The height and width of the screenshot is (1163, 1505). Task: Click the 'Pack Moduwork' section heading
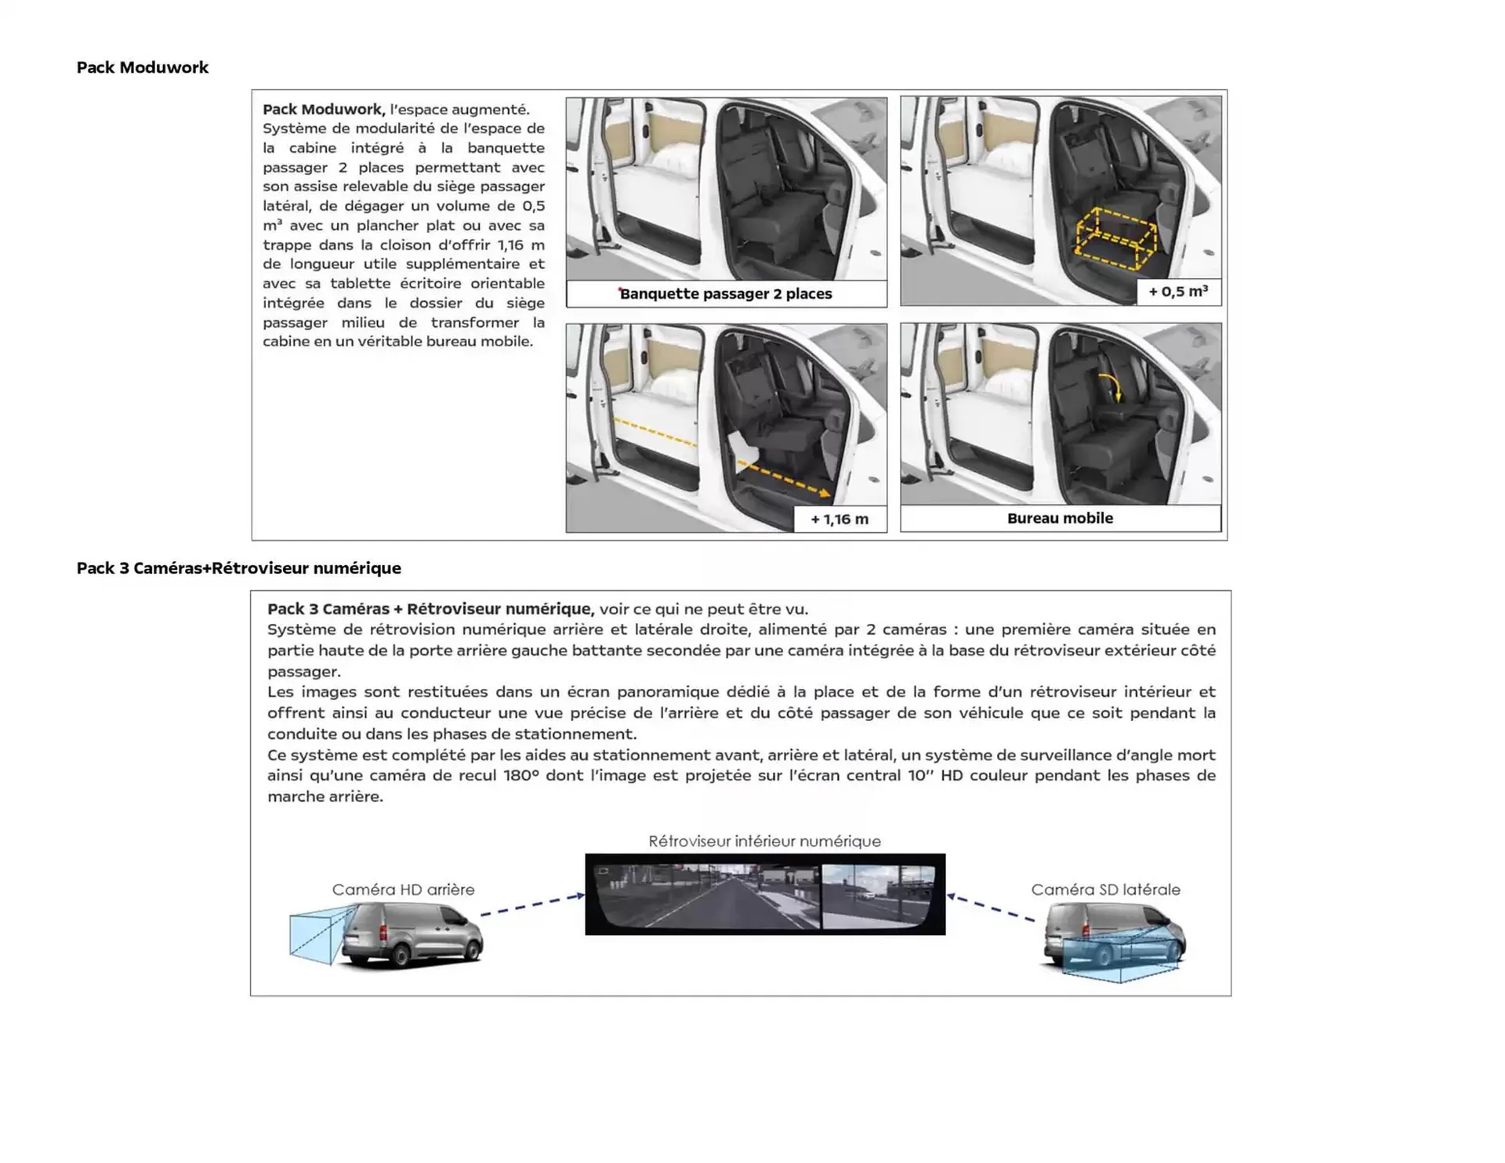142,67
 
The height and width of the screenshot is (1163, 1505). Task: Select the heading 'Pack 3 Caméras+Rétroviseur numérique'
238,568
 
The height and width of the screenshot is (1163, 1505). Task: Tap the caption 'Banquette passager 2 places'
726,294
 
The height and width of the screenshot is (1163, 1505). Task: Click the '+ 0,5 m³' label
1177,292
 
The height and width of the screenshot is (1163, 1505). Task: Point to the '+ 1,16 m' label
839,519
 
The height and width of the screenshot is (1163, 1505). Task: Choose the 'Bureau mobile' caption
1060,518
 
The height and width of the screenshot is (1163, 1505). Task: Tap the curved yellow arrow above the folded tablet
1112,386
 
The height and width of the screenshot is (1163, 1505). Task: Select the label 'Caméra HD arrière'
403,889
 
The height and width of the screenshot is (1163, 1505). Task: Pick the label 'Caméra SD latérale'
1105,889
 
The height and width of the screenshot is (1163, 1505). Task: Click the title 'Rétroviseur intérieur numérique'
764,841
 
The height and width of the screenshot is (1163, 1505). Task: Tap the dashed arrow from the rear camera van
532,904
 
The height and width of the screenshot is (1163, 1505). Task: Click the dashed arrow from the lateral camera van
992,908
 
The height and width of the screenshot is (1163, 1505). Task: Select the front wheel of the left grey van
473,951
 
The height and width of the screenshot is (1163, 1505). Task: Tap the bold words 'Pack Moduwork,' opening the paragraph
324,109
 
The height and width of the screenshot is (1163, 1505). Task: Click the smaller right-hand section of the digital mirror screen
877,896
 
